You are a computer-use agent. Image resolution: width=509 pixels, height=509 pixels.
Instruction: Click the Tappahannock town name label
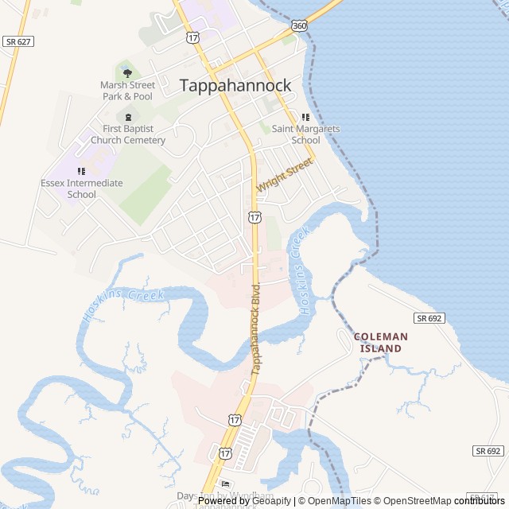235,85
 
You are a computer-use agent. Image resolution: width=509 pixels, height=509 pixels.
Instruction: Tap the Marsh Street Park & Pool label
126,91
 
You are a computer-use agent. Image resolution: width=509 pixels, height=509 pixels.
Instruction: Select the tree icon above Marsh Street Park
127,73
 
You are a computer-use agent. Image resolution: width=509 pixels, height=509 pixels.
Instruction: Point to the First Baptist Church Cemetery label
128,134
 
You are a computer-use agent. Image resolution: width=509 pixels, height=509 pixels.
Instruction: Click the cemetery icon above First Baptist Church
128,117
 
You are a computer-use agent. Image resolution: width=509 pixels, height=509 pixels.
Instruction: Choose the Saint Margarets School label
305,134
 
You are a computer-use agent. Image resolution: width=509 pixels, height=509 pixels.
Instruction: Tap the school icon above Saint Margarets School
305,117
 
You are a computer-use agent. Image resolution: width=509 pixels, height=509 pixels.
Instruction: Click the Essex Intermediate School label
82,188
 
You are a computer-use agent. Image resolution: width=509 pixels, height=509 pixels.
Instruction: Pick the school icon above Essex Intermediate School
81,171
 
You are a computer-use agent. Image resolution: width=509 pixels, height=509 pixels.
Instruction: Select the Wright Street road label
284,175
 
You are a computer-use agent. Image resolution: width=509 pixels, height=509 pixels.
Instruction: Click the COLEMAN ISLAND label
381,342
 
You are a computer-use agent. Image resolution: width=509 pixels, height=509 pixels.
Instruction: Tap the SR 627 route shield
17,41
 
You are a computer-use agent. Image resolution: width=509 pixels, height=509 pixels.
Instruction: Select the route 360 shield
299,25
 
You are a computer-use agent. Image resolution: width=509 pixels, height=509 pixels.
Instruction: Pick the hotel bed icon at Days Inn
226,484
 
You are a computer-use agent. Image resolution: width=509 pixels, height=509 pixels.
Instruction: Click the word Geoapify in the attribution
272,501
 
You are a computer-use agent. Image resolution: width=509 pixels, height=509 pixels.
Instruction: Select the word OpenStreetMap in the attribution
416,501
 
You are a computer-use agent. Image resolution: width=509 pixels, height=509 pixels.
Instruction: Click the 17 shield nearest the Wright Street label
254,216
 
